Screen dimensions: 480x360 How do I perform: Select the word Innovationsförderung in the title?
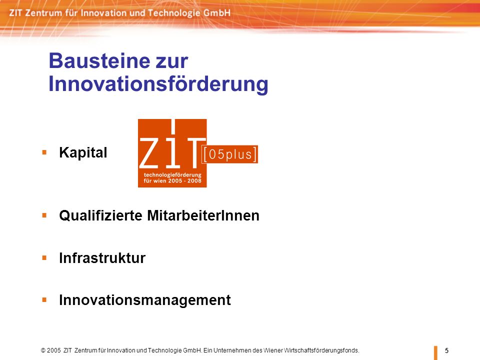158,84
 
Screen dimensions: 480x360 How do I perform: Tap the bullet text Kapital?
83,152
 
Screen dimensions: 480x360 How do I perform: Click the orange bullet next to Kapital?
44,152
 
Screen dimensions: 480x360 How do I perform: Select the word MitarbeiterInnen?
203,215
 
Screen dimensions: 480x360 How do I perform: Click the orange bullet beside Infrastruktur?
44,258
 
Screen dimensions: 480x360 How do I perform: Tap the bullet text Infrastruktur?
102,258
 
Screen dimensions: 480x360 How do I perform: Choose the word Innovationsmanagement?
145,300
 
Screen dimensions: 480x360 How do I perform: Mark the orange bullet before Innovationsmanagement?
44,299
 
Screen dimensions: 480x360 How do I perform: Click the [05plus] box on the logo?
230,154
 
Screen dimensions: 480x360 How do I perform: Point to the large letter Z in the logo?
149,152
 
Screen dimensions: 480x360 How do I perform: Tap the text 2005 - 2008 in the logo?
186,181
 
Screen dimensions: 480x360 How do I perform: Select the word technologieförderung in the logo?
172,175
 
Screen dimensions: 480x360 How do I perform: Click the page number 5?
446,350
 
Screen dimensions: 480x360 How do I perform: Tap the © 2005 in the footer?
51,350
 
